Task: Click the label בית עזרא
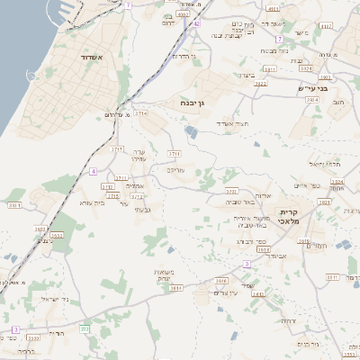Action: point(94,202)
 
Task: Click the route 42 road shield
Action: point(196,24)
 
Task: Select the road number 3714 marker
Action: point(140,113)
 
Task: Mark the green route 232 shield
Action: point(85,328)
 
